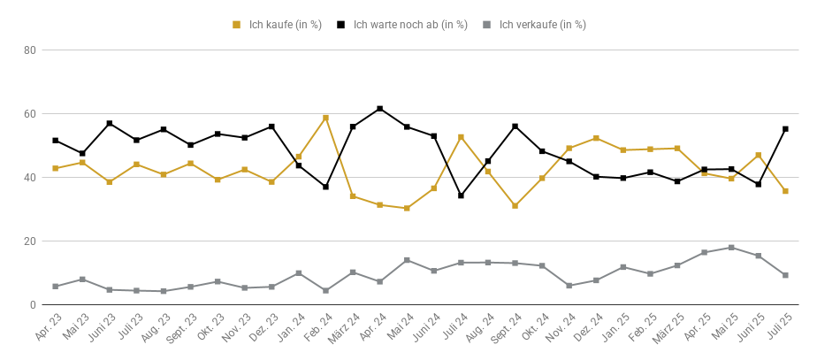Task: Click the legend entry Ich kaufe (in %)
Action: [x=278, y=25]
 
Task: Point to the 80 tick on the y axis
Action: [x=29, y=50]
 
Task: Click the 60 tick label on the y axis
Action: [x=29, y=114]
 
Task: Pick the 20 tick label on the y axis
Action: [x=29, y=241]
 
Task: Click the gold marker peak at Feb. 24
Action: [x=325, y=118]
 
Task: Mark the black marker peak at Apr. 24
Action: [x=380, y=109]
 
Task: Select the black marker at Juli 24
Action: [x=461, y=195]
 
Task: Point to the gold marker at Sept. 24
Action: [x=515, y=206]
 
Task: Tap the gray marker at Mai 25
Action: [x=731, y=248]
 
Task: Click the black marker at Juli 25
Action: [x=785, y=129]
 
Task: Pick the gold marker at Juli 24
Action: [x=461, y=137]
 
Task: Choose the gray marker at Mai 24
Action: [x=407, y=260]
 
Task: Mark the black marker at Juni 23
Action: [x=110, y=123]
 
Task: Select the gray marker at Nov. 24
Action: [x=569, y=286]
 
